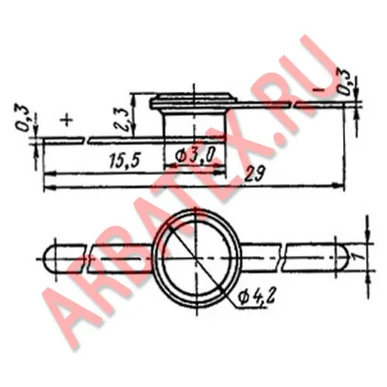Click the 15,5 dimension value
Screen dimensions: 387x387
pos(125,160)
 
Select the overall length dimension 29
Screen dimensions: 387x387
pos(255,174)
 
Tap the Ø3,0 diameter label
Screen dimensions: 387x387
pos(195,156)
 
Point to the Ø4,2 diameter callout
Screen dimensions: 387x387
pos(256,298)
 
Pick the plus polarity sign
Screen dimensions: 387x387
pos(67,120)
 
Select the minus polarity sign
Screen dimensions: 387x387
pos(320,90)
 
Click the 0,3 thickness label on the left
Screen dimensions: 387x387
pos(25,118)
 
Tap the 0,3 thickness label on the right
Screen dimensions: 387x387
pos(344,82)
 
